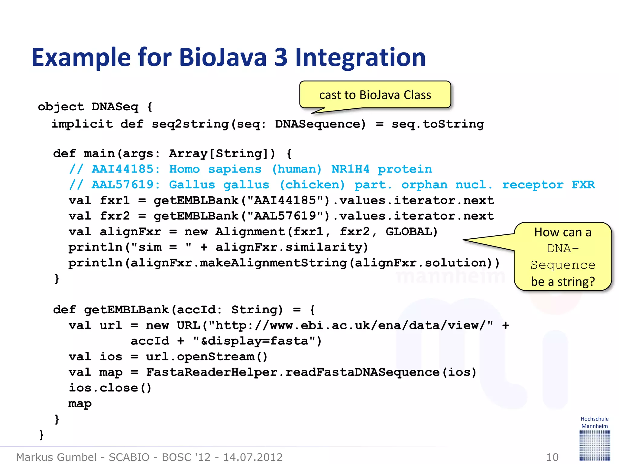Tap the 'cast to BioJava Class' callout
pyautogui.click(x=375, y=95)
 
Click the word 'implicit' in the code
pyautogui.click(x=82, y=124)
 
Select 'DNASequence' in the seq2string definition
pyautogui.click(x=320, y=124)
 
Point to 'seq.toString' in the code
pyautogui.click(x=438, y=124)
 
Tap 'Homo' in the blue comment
pyautogui.click(x=184, y=169)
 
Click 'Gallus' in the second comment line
pyautogui.click(x=192, y=185)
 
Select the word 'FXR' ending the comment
pyautogui.click(x=583, y=185)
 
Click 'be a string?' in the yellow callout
pyautogui.click(x=562, y=282)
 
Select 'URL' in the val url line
pyautogui.click(x=188, y=325)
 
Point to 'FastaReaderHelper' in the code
pyautogui.click(x=212, y=372)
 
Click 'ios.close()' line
pyautogui.click(x=110, y=388)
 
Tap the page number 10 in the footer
pyautogui.click(x=552, y=457)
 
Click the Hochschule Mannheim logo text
pyautogui.click(x=594, y=422)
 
